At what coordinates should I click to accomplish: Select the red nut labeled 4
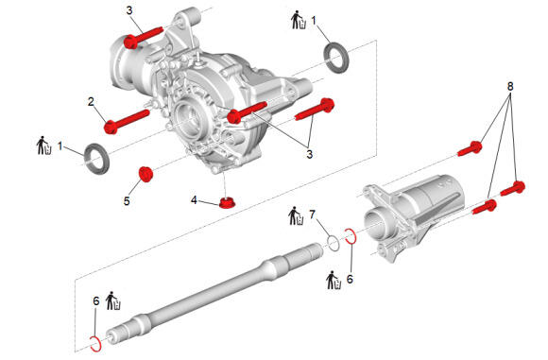click(x=228, y=202)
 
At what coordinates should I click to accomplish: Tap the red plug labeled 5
click(x=146, y=174)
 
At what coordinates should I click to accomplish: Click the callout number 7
click(x=312, y=214)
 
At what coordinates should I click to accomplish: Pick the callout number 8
click(x=510, y=86)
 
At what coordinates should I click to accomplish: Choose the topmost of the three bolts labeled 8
click(x=471, y=149)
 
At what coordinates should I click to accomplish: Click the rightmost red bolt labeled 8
click(x=513, y=189)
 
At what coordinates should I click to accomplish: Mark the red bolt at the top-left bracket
click(x=144, y=37)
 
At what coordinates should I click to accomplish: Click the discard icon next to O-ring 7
click(x=297, y=216)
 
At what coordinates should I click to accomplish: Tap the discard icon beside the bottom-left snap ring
click(x=113, y=300)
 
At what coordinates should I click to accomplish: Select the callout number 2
click(x=91, y=102)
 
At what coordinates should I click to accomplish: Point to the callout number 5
click(x=127, y=201)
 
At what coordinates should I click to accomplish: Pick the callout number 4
click(x=194, y=200)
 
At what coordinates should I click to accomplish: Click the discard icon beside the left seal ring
click(x=44, y=146)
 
